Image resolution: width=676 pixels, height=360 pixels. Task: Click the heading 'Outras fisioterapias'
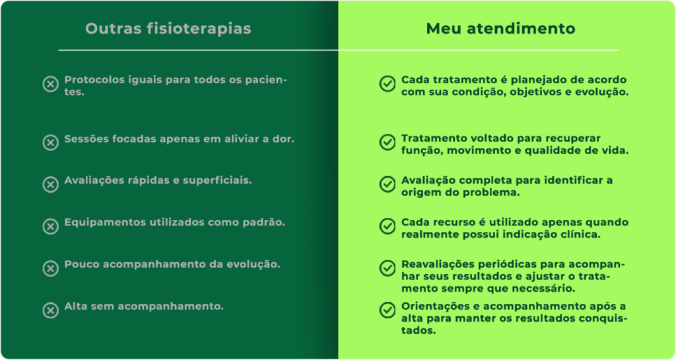(168, 28)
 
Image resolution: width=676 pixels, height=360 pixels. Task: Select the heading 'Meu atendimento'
(500, 28)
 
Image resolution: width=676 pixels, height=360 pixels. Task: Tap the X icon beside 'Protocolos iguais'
(50, 84)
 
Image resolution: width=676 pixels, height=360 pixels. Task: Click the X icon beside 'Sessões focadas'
(50, 143)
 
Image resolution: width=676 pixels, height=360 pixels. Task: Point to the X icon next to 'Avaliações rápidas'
(50, 184)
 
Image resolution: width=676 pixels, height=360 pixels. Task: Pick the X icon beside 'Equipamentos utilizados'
(50, 227)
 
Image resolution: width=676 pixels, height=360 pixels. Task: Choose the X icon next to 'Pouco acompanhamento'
(50, 268)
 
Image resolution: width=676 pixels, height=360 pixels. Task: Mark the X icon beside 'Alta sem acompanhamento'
(50, 310)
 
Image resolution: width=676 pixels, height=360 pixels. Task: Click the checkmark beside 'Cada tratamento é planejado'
(387, 84)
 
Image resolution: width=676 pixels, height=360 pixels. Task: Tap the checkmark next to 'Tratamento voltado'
(387, 142)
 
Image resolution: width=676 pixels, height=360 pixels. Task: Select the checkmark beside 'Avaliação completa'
(387, 184)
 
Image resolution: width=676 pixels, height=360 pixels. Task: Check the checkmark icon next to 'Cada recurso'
(387, 226)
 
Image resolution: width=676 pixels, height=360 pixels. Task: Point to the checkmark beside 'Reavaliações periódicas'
(387, 268)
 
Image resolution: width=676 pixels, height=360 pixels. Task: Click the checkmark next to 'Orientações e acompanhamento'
(387, 310)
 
